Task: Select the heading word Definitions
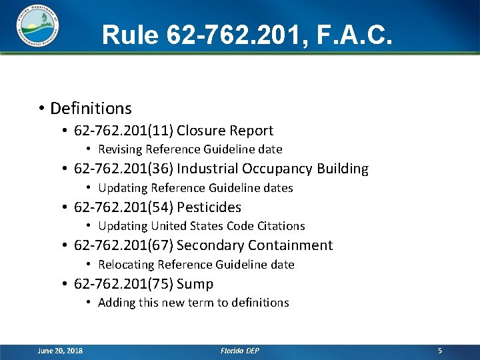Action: click(91, 108)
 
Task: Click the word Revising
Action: click(120, 149)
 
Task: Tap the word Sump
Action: click(195, 284)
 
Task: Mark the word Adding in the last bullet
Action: click(116, 303)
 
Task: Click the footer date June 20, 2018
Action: click(61, 351)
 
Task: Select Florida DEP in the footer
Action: click(240, 351)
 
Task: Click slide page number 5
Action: click(439, 351)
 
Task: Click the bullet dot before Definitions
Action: click(41, 109)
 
